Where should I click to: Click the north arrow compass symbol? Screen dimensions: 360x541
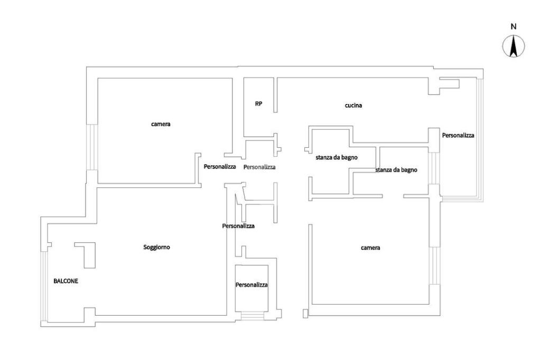pos(513,46)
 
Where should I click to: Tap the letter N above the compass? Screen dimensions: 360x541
pos(513,26)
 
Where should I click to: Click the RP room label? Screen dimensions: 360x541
pos(258,104)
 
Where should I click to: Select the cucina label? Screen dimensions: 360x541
pos(353,106)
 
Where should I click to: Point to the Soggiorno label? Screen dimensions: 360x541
pos(157,247)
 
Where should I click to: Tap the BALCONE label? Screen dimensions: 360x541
pos(66,281)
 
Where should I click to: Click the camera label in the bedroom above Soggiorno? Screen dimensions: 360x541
pos(161,125)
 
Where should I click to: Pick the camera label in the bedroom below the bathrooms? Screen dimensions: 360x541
pos(370,248)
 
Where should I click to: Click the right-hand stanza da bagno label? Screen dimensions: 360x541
pos(396,170)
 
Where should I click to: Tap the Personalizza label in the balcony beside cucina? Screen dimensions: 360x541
pos(458,135)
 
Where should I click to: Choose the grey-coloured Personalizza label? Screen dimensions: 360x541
pos(259,167)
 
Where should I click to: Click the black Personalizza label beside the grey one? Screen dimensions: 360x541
pos(220,167)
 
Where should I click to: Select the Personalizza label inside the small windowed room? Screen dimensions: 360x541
pos(251,285)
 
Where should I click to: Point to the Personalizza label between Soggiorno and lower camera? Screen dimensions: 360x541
pos(238,226)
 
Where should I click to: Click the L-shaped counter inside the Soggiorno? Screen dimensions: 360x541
pos(87,253)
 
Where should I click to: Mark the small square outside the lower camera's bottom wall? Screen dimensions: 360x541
pos(305,314)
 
